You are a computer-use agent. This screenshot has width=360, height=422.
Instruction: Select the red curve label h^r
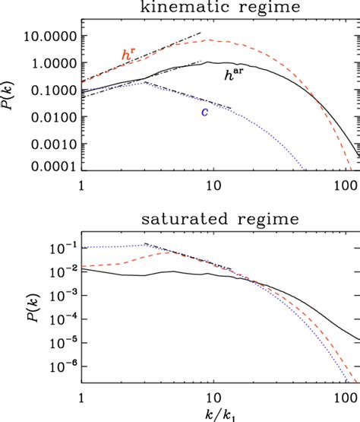[x=128, y=53]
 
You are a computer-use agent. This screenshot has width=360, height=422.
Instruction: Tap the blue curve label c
[x=204, y=112]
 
